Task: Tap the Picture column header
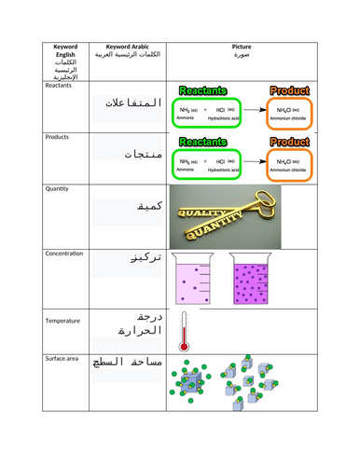242,49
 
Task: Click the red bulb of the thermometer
184,345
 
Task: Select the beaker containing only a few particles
199,282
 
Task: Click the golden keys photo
227,214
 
